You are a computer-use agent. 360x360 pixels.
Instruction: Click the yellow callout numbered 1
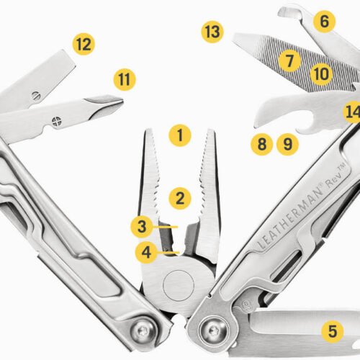pos(180,134)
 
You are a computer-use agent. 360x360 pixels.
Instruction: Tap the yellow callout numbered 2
pos(180,195)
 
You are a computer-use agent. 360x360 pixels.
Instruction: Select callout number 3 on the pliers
pos(143,227)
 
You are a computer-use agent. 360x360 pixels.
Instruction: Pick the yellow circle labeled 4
pos(146,252)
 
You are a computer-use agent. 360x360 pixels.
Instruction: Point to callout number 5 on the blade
pos(331,331)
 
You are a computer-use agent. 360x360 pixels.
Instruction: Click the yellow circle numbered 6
pos(324,21)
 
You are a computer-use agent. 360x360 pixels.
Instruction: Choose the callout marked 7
pos(290,60)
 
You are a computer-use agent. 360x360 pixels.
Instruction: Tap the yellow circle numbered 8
pos(261,143)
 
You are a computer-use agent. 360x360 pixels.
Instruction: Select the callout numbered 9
pos(287,143)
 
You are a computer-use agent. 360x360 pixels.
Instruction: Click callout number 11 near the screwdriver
pos(125,79)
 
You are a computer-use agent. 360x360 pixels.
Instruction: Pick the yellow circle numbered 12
pos(84,45)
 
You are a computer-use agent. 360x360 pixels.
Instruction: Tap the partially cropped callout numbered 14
pos(352,113)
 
